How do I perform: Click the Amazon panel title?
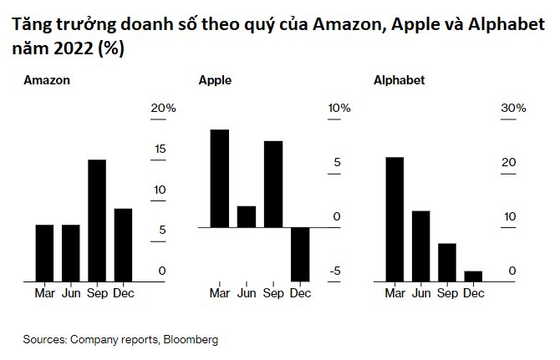coord(47,81)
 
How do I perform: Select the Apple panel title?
coord(215,81)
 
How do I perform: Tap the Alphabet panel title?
coord(399,81)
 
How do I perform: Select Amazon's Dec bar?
coord(123,245)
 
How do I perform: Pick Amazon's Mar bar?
coord(44,253)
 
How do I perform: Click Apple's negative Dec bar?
coord(300,254)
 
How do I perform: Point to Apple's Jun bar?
coord(247,216)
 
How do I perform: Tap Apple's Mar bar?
coord(219,178)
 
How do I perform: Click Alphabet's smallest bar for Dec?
coord(474,276)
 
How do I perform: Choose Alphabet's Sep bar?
coord(447,262)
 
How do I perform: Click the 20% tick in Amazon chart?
coord(163,109)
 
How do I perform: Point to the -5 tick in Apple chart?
coord(334,271)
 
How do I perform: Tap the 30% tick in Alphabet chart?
coord(513,109)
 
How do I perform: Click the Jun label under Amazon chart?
coord(71,293)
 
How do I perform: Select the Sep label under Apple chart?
coord(273,293)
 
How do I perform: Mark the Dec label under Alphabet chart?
coord(474,293)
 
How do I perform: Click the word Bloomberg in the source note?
coord(191,340)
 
